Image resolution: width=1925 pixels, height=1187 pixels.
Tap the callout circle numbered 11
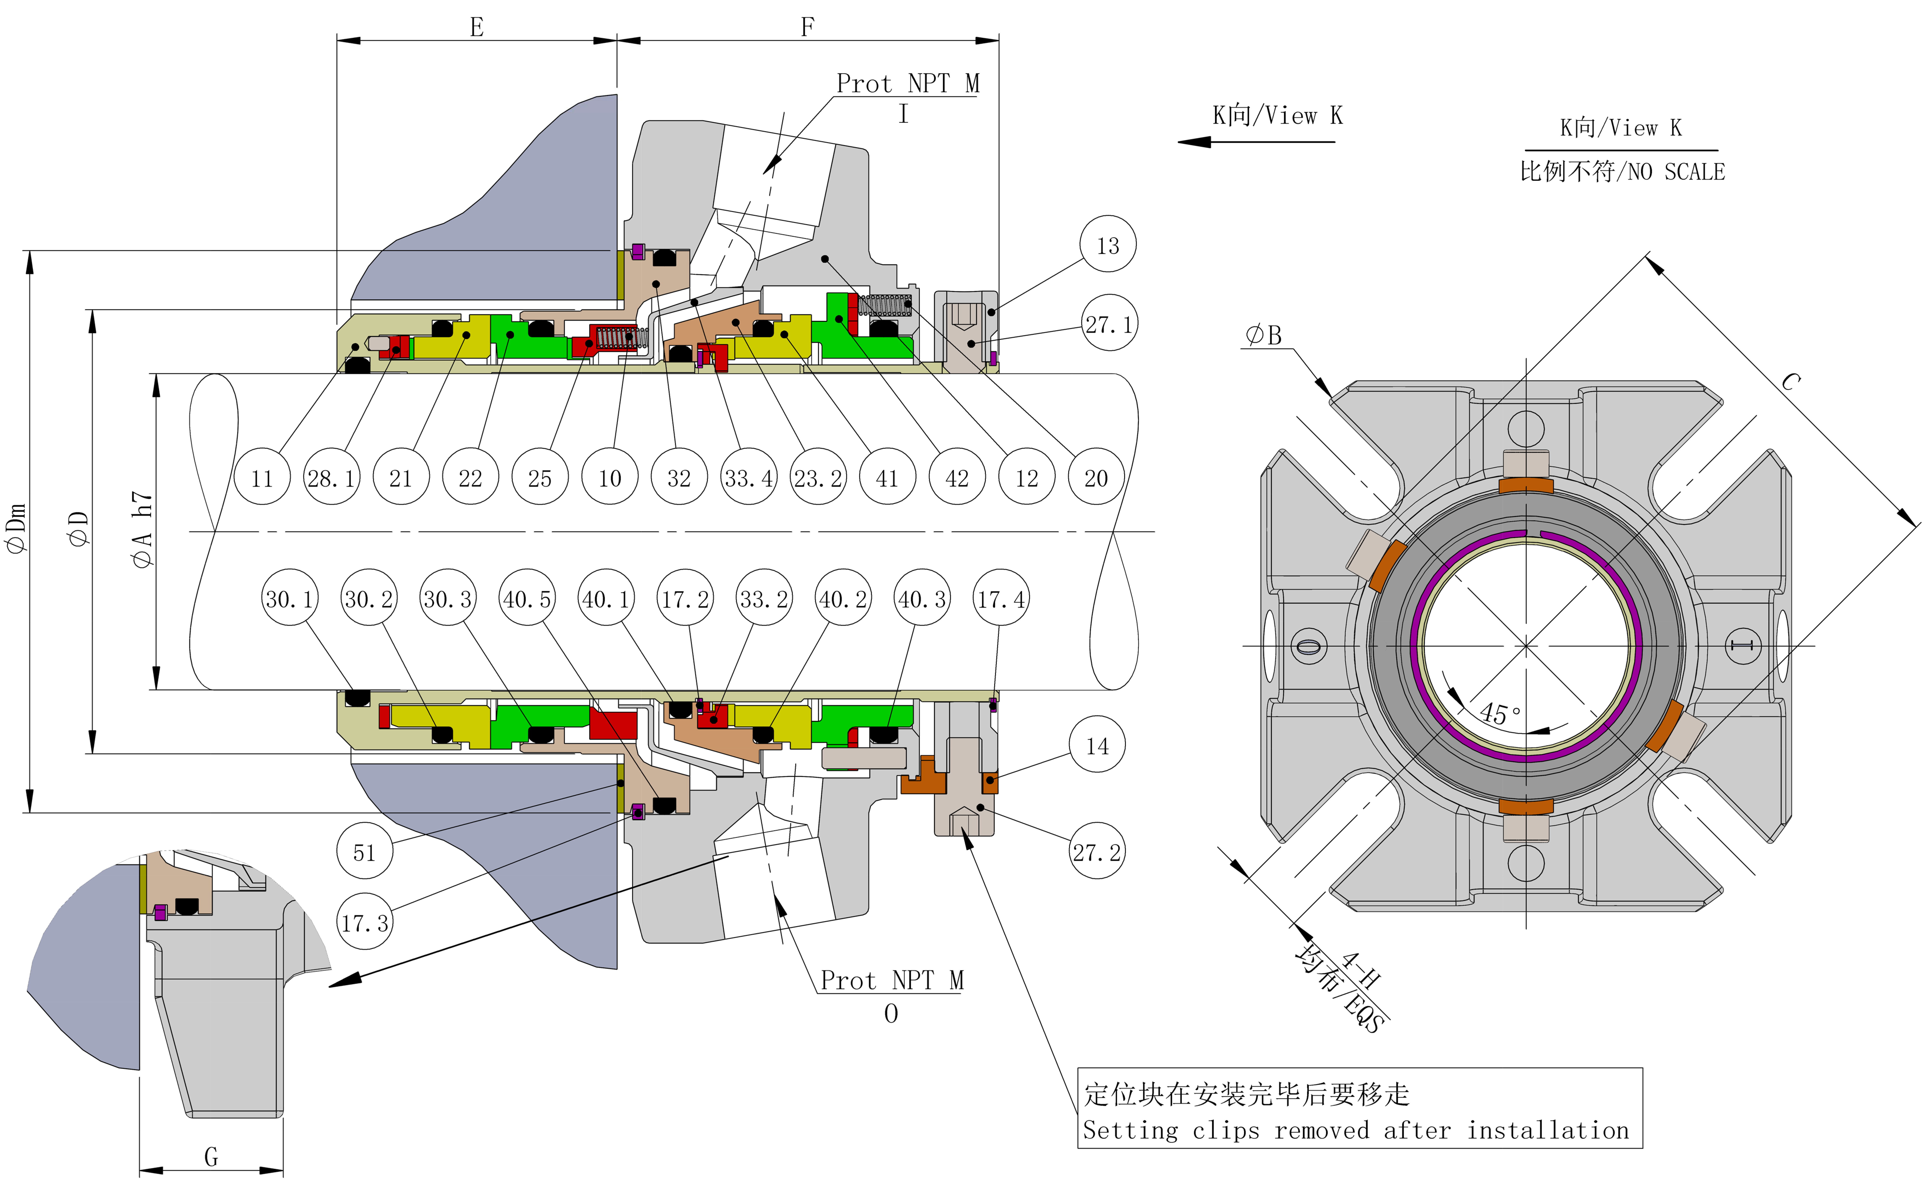pyautogui.click(x=262, y=477)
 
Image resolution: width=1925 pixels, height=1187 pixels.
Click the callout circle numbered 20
pyautogui.click(x=1096, y=477)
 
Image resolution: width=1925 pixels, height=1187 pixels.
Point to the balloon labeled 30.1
pyautogui.click(x=290, y=599)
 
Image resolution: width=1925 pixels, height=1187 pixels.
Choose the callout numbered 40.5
pyautogui.click(x=527, y=599)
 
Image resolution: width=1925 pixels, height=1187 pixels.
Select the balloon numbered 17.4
pyautogui.click(x=1001, y=599)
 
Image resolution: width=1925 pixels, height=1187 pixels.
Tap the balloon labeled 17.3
pyautogui.click(x=364, y=922)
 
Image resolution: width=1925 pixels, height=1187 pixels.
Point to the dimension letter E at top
pyautogui.click(x=476, y=28)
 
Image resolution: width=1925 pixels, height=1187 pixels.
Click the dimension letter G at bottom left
pyautogui.click(x=211, y=1156)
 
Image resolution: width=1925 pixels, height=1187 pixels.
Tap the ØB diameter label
pyautogui.click(x=1263, y=336)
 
